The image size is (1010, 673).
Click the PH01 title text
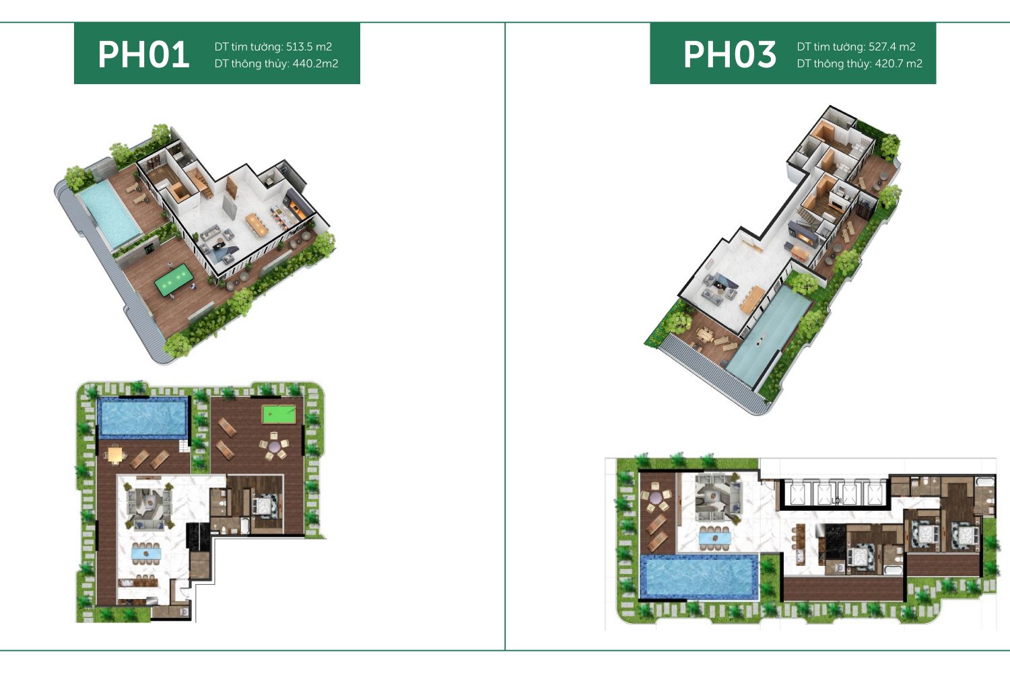tap(143, 55)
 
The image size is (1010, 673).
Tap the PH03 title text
tap(729, 55)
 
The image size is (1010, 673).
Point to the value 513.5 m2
tap(309, 46)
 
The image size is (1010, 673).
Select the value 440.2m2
tap(315, 63)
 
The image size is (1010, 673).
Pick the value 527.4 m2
tap(892, 46)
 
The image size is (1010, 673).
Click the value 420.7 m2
tap(899, 63)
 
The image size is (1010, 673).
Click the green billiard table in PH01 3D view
tap(174, 280)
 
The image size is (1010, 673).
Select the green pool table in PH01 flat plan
tap(279, 415)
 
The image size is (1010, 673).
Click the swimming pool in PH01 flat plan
tap(143, 418)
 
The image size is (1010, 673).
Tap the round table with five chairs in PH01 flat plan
tap(274, 446)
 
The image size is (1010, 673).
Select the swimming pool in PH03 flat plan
tap(700, 577)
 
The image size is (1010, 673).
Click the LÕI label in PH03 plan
tap(837, 501)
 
